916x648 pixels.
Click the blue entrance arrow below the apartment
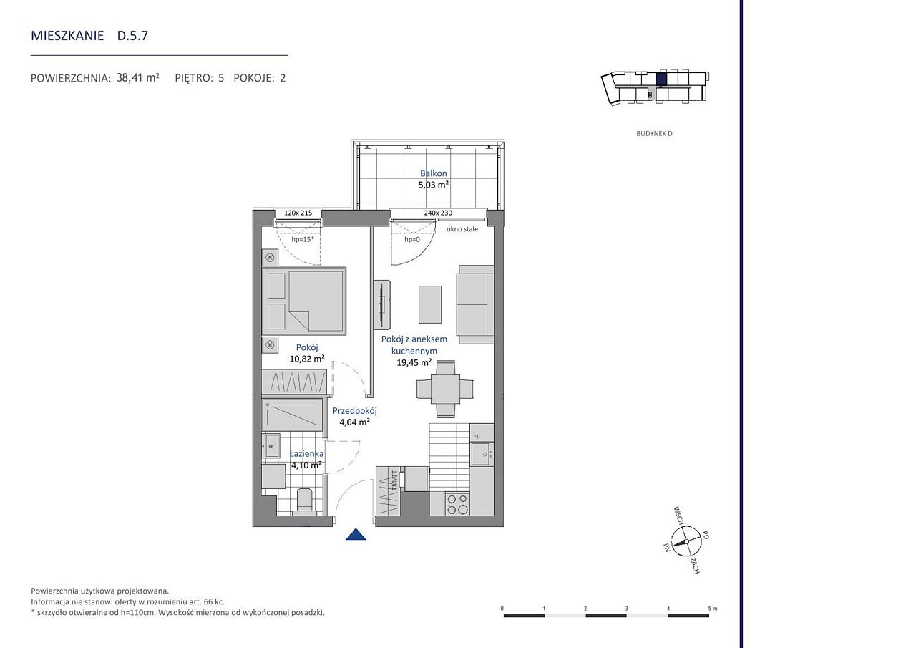356,535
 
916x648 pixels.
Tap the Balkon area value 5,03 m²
434,185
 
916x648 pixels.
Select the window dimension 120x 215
298,213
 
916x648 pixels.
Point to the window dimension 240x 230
438,213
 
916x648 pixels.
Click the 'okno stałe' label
462,229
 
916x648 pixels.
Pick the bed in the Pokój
304,301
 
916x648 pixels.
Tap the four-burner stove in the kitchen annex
457,504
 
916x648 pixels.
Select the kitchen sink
482,454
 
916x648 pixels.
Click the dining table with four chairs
445,389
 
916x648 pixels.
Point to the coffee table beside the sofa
430,304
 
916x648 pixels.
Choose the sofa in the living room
476,305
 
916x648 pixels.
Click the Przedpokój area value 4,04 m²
354,422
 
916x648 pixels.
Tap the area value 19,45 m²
414,362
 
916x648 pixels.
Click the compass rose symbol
686,541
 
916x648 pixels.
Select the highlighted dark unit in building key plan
661,79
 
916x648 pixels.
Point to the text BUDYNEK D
654,133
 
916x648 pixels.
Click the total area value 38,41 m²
138,78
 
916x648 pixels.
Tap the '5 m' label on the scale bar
713,609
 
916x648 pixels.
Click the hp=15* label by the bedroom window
303,239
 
